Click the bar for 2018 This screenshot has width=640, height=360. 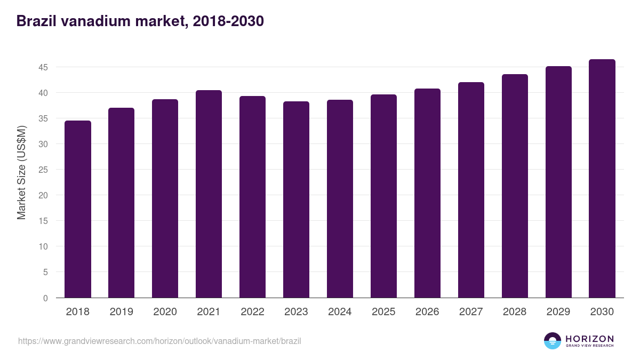point(78,209)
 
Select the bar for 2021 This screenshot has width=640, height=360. point(209,194)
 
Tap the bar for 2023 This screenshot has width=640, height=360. point(296,199)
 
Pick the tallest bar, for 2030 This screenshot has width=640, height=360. point(602,179)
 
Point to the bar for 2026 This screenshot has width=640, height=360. point(427,193)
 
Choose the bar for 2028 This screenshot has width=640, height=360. point(515,186)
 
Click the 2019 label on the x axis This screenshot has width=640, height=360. point(122,311)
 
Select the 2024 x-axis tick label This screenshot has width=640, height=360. point(340,311)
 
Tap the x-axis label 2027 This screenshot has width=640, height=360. point(471,311)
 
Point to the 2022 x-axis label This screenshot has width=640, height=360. point(252,311)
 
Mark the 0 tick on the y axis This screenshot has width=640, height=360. point(45,298)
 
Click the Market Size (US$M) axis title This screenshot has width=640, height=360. point(21,173)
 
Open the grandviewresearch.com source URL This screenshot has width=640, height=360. point(159,341)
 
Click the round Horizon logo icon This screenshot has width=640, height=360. point(553,341)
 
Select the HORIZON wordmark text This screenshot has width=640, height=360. point(589,338)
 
